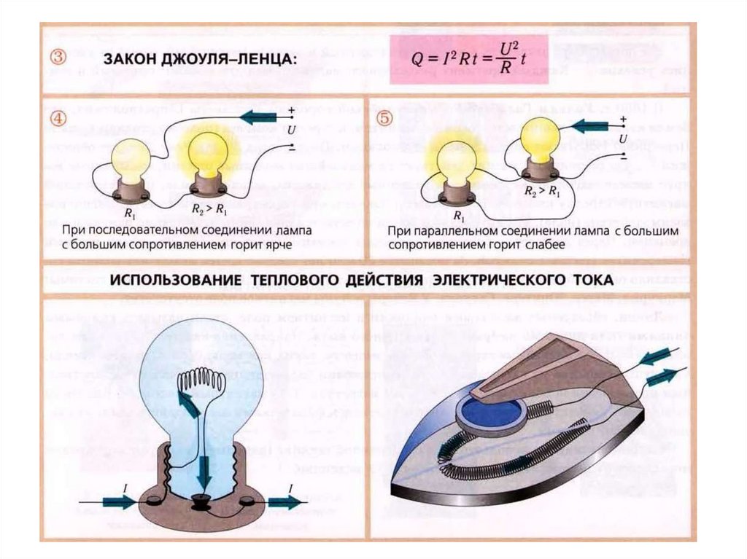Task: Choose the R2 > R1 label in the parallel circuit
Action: [x=541, y=190]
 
